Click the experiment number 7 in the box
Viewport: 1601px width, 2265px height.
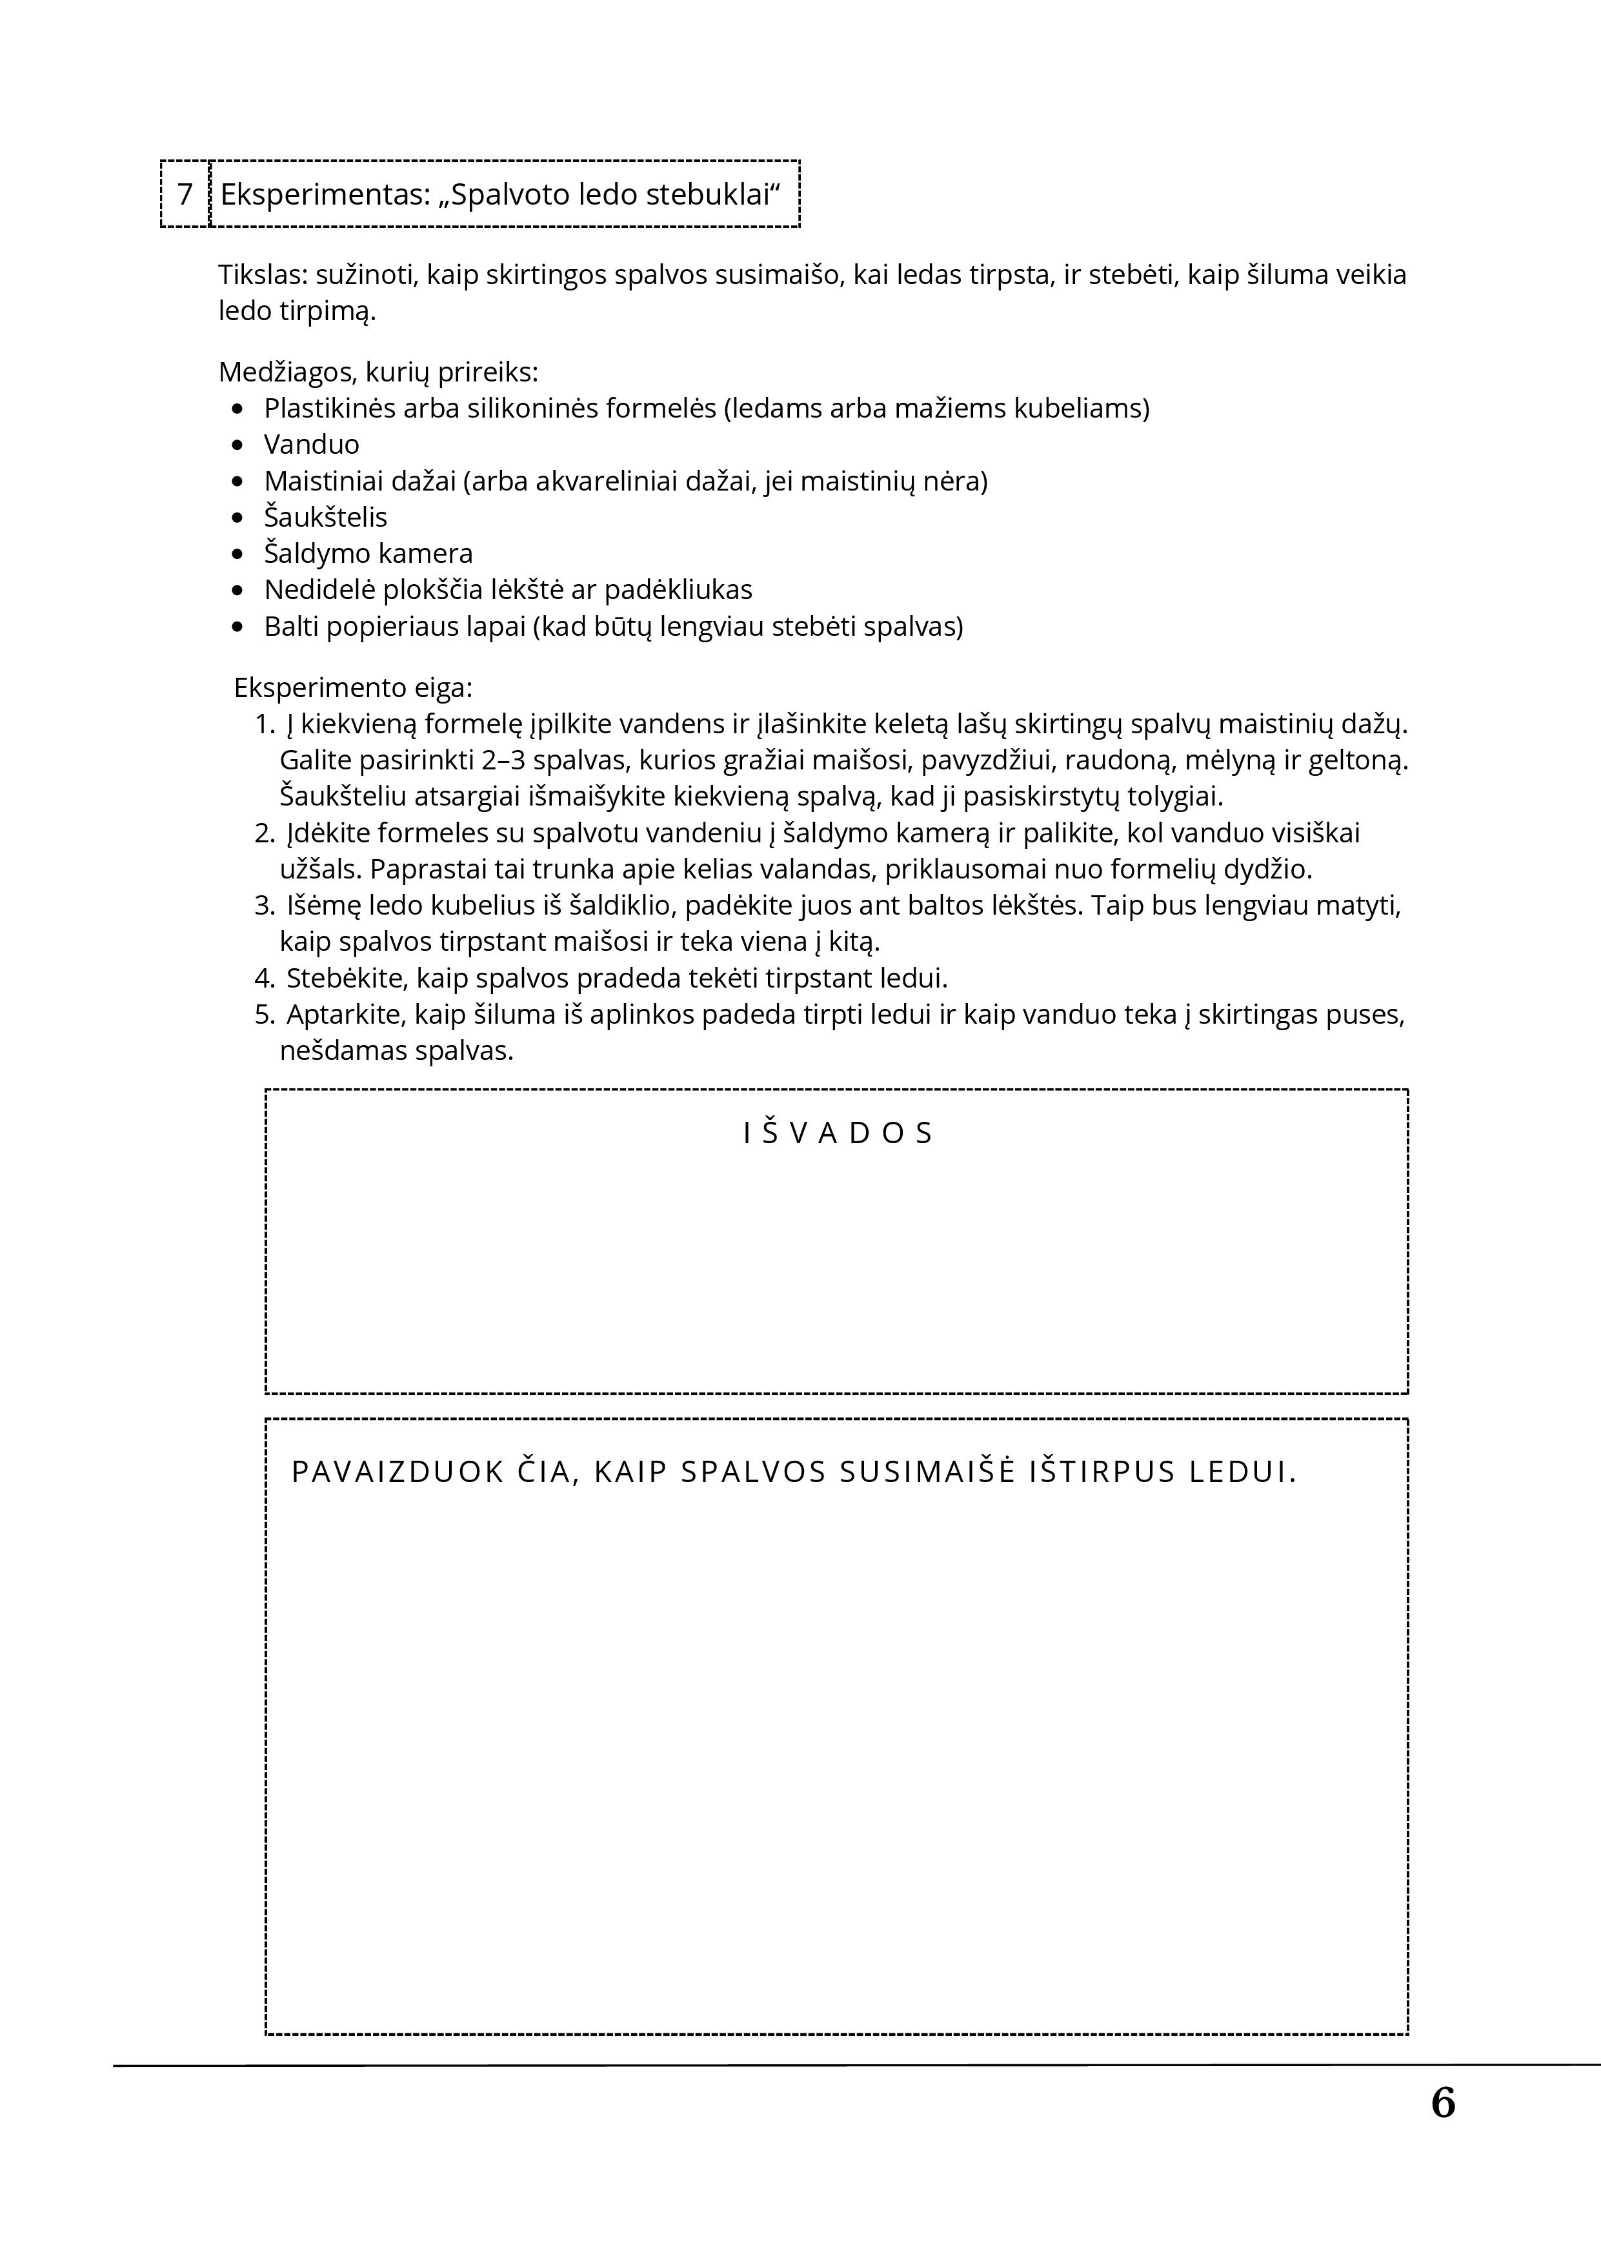click(x=185, y=194)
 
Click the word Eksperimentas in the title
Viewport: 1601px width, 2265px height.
click(x=323, y=194)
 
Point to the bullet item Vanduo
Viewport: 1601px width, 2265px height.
click(x=312, y=444)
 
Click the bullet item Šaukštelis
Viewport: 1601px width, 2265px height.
click(x=325, y=517)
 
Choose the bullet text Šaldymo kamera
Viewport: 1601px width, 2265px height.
click(x=368, y=553)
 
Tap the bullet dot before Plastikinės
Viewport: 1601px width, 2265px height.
click(x=237, y=409)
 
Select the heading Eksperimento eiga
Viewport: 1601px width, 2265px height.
click(x=353, y=687)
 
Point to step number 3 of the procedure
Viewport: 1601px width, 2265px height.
click(x=263, y=906)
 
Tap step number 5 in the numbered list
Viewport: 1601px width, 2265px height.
click(x=263, y=1014)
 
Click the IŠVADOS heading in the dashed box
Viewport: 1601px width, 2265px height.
click(x=838, y=1133)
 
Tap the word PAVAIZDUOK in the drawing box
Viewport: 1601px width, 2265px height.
click(x=399, y=1472)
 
